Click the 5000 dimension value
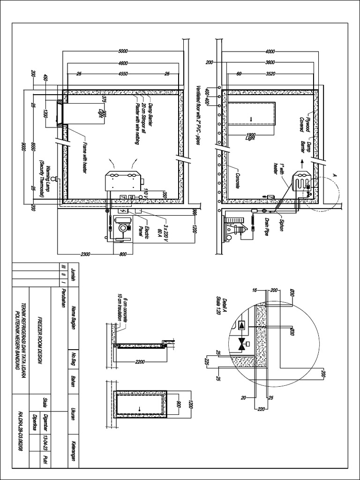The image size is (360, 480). [x=123, y=51]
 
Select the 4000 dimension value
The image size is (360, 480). [x=270, y=51]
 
